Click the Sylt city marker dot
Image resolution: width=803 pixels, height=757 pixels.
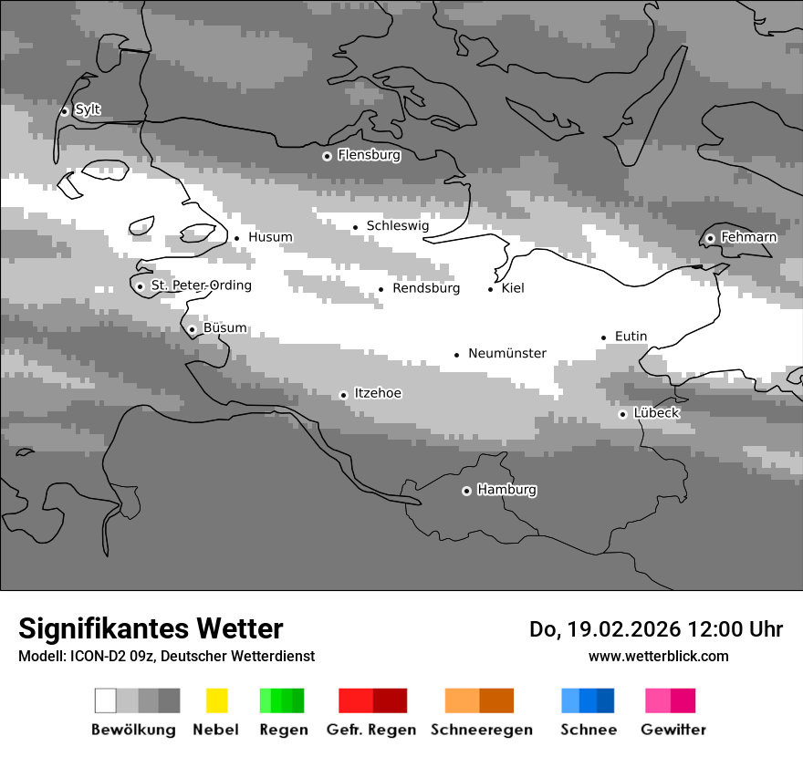tap(64, 111)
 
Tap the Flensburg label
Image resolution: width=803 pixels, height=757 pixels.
tap(369, 155)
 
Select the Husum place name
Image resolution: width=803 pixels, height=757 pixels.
tap(270, 237)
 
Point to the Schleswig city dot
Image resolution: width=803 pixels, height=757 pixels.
tap(356, 227)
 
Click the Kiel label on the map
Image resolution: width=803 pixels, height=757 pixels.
tap(513, 288)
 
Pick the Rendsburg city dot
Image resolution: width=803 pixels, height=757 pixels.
tap(381, 290)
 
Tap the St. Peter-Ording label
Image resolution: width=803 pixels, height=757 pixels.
tap(201, 285)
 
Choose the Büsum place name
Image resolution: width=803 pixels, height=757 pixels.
tap(224, 328)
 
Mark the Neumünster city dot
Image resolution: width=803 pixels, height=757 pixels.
tap(457, 355)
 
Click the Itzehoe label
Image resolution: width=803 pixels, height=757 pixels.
tap(377, 393)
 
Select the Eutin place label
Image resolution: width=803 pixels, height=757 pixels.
tap(631, 337)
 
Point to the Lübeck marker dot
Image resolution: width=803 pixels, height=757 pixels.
tap(622, 414)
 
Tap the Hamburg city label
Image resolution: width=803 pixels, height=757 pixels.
tap(506, 490)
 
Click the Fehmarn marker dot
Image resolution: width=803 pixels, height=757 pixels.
tap(710, 239)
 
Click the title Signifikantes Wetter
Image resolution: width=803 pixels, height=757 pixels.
tap(151, 628)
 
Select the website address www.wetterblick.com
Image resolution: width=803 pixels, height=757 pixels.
tap(658, 656)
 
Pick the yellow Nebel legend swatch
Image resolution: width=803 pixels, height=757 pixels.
tap(216, 700)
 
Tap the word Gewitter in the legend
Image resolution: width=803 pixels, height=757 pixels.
tap(673, 730)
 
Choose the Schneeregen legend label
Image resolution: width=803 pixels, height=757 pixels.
tap(481, 730)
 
